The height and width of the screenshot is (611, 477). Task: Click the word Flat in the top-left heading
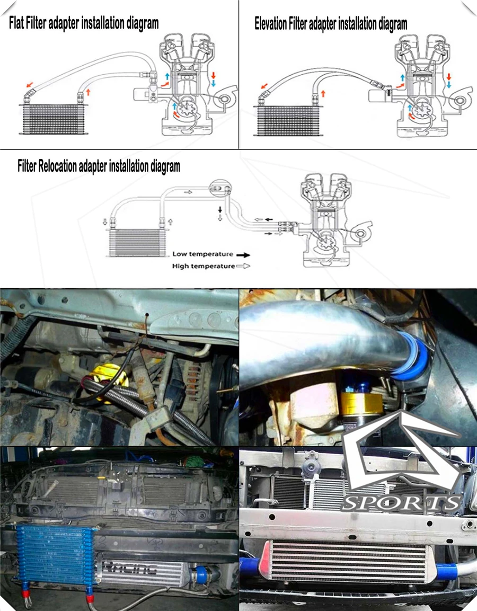point(17,23)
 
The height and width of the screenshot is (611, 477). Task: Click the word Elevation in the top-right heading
point(271,24)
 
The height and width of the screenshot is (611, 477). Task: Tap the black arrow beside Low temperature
point(243,255)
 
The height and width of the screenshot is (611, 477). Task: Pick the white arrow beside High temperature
point(243,266)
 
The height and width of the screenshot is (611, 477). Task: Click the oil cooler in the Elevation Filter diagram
point(289,120)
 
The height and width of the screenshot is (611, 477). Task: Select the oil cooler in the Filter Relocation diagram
point(135,242)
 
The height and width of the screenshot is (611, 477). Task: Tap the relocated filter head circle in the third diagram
point(220,188)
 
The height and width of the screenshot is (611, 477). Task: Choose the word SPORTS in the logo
point(401,503)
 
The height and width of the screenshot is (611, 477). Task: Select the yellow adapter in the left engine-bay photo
point(105,384)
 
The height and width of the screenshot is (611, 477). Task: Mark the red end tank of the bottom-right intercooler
point(266,561)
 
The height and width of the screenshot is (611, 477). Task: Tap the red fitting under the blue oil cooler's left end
point(26,594)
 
